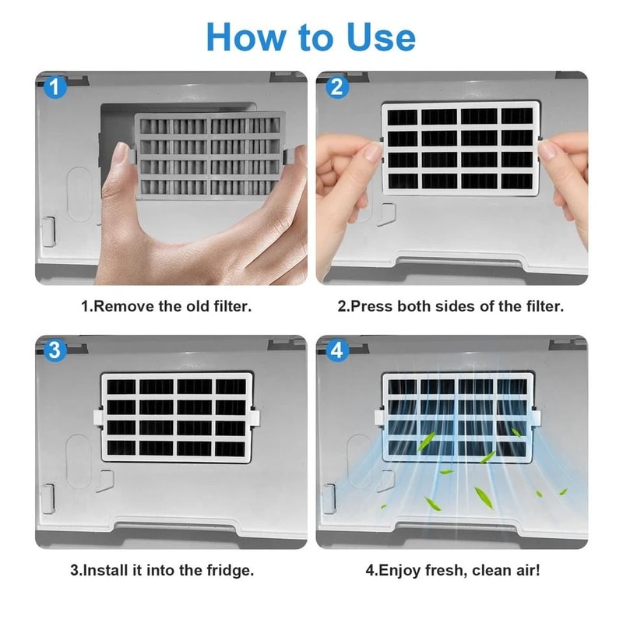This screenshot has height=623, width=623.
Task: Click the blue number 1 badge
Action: point(54,87)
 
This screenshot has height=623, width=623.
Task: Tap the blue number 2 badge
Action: point(336,87)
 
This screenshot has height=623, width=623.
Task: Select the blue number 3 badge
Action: point(54,350)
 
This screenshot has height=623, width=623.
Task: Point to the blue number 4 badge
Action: point(336,350)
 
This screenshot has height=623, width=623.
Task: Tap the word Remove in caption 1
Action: point(123,306)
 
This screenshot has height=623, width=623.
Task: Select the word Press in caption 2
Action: point(371,306)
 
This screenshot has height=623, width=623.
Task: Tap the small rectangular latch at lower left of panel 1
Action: point(47,231)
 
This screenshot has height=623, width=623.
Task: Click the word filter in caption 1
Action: point(231,306)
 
